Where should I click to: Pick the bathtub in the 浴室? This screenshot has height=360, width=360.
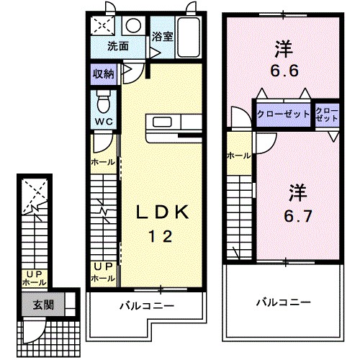[189, 35]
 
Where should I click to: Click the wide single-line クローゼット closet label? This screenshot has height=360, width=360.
[284, 114]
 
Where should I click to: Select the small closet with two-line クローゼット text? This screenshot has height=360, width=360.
[327, 114]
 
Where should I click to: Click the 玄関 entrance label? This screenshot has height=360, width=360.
[42, 304]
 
